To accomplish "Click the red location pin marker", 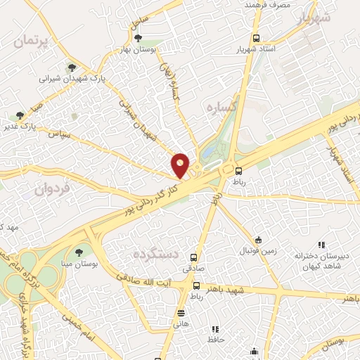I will [x=181, y=165].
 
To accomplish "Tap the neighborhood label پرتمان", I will [x=33, y=41].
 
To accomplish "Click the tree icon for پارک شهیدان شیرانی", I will [x=71, y=67].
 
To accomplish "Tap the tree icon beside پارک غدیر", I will [x=20, y=115].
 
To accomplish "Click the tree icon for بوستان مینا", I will [x=77, y=252].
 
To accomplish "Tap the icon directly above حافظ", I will [x=216, y=329].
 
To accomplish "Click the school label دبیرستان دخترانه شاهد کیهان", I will [x=318, y=261].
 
